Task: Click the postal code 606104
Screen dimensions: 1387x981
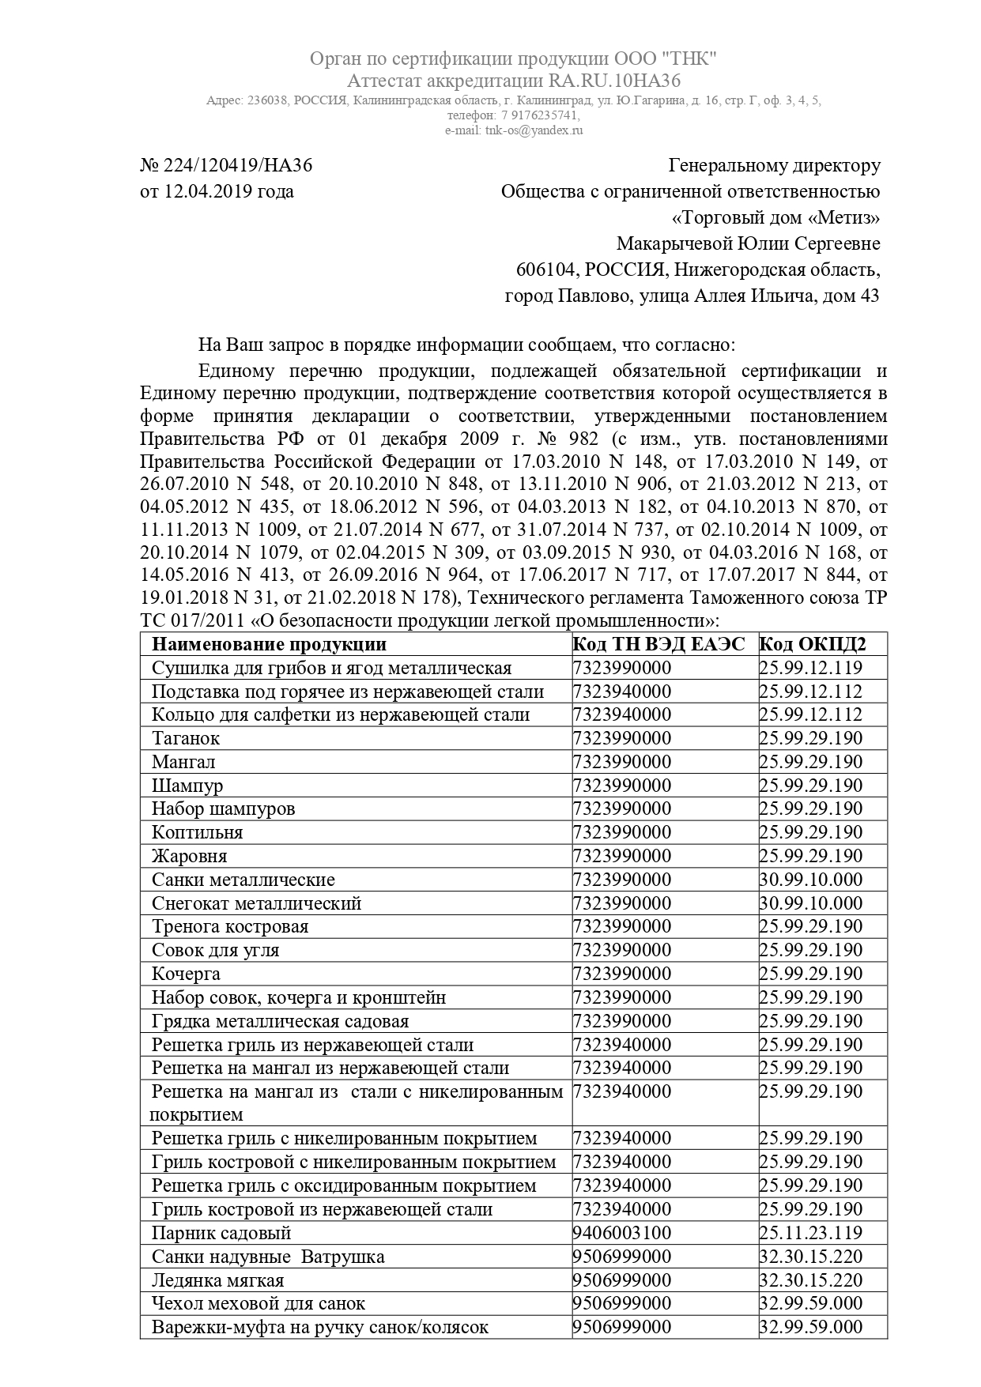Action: coord(545,269)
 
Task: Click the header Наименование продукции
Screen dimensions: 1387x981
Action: coord(269,644)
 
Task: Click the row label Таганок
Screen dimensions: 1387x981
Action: coord(186,738)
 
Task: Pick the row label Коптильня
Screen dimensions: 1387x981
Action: coord(198,832)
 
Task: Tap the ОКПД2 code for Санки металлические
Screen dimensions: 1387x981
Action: coord(811,880)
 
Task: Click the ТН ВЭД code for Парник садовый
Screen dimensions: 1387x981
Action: coord(621,1233)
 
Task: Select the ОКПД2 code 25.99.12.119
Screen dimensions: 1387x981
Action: coord(811,668)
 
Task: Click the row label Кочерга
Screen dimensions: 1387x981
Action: coord(186,974)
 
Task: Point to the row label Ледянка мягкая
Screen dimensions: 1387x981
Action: coord(217,1280)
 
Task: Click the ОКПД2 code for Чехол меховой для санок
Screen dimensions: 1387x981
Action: coord(811,1303)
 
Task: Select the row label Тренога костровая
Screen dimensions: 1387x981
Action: coord(230,926)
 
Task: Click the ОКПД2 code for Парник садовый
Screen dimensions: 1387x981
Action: coord(811,1233)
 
